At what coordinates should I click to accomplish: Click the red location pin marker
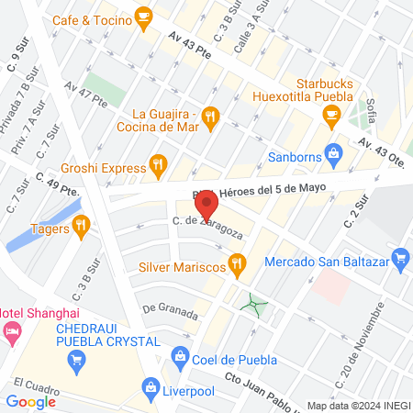[206, 202]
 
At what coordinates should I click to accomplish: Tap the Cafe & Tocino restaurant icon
[143, 16]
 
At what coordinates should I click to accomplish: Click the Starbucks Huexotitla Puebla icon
[331, 114]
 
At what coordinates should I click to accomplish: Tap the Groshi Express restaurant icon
[159, 167]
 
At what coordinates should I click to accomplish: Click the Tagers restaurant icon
[81, 225]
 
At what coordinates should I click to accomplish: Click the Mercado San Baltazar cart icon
[398, 258]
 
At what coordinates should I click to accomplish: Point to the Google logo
[30, 401]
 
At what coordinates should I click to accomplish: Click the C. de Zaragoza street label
[206, 226]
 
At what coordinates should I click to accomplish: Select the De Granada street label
[170, 310]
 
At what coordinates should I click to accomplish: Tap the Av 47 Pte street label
[85, 94]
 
